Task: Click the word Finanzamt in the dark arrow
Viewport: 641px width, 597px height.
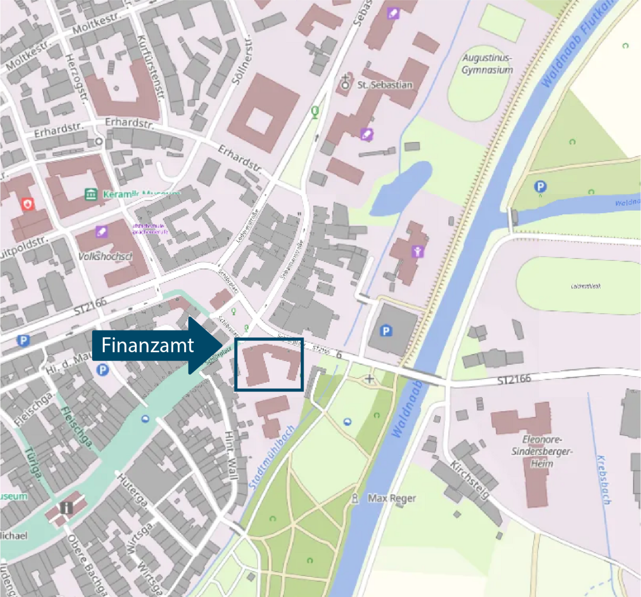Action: pos(147,345)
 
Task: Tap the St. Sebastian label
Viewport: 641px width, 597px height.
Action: pos(385,85)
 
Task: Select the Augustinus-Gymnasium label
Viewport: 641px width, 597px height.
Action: pos(487,64)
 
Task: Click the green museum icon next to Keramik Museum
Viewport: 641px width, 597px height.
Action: pos(91,194)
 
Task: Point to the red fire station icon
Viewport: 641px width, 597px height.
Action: pos(27,204)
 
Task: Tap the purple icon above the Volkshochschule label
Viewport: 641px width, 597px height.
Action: pos(102,231)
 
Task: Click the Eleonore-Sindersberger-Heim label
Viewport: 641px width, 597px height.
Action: pos(542,451)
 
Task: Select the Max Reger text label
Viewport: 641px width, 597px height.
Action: pos(392,498)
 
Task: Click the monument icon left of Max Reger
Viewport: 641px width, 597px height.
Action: pos(355,498)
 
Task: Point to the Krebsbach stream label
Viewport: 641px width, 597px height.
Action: pos(604,479)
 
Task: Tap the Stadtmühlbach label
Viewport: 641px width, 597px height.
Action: pos(271,457)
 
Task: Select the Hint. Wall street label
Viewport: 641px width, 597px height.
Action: pos(230,455)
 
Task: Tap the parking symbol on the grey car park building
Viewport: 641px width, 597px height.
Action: pos(386,331)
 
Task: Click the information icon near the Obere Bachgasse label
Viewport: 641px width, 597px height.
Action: pos(66,508)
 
